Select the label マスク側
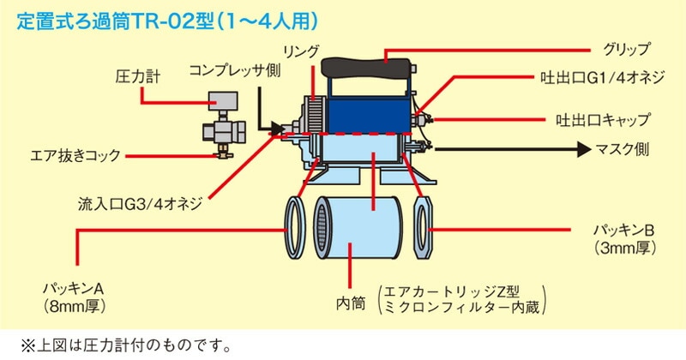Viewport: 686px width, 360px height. point(623,149)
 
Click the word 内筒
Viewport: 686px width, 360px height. point(351,303)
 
